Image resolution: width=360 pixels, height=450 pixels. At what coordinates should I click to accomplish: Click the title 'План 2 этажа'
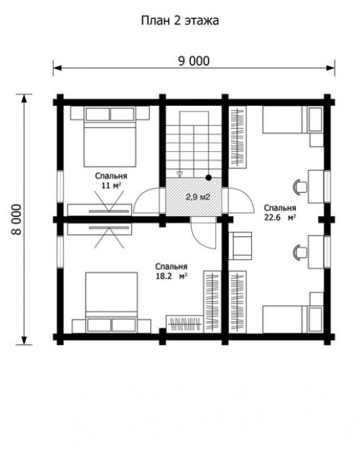[x=180, y=21]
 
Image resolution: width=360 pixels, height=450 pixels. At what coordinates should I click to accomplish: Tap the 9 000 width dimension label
[x=194, y=61]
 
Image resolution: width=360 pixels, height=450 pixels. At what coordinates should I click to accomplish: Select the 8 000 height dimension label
[x=17, y=220]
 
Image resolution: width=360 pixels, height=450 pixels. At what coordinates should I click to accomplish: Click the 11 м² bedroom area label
[x=111, y=185]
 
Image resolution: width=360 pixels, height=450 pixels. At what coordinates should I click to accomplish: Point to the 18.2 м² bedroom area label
[x=171, y=276]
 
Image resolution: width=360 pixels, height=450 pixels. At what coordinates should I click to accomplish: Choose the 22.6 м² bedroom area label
[x=280, y=217]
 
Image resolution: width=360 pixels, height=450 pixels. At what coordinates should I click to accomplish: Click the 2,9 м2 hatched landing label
[x=198, y=197]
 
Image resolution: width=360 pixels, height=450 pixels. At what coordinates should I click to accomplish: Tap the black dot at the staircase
[x=209, y=178]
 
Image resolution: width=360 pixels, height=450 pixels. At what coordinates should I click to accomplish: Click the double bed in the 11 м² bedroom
[x=109, y=137]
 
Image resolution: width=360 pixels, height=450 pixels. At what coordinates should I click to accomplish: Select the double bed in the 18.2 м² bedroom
[x=112, y=302]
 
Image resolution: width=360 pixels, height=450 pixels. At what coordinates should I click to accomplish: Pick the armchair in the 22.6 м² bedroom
[x=240, y=246]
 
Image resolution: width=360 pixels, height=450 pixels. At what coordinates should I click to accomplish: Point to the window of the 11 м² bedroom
[x=60, y=186]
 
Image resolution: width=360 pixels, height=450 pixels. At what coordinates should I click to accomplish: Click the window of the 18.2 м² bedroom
[x=60, y=252]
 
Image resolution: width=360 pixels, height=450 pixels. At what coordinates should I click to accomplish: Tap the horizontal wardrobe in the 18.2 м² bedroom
[x=185, y=324]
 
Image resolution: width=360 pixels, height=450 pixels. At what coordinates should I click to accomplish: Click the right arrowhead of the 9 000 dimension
[x=330, y=68]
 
